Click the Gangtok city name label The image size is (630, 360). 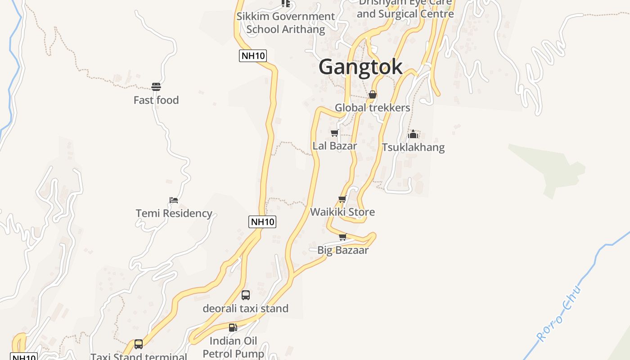point(360,67)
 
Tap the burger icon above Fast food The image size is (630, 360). point(156,86)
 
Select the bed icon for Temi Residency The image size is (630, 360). point(174,200)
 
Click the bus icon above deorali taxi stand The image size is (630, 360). point(245,295)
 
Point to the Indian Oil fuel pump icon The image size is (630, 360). point(233,328)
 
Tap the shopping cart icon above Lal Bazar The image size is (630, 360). point(334,133)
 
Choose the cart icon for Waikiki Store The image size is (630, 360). point(342,199)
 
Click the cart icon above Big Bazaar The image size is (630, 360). point(342,237)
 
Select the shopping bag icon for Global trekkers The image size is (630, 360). point(373,94)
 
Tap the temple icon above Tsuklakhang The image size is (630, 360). point(413,134)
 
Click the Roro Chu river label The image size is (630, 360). point(559,314)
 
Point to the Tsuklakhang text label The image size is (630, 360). point(413,147)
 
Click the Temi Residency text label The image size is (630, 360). point(174,213)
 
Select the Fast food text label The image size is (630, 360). point(156,100)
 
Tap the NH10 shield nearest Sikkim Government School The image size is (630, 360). point(253,56)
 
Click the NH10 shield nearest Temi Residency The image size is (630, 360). point(262,221)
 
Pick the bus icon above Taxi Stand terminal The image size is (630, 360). point(139,344)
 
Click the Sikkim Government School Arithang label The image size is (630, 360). point(285,23)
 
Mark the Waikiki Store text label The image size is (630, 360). point(342,212)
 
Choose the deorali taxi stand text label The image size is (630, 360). point(245,308)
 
